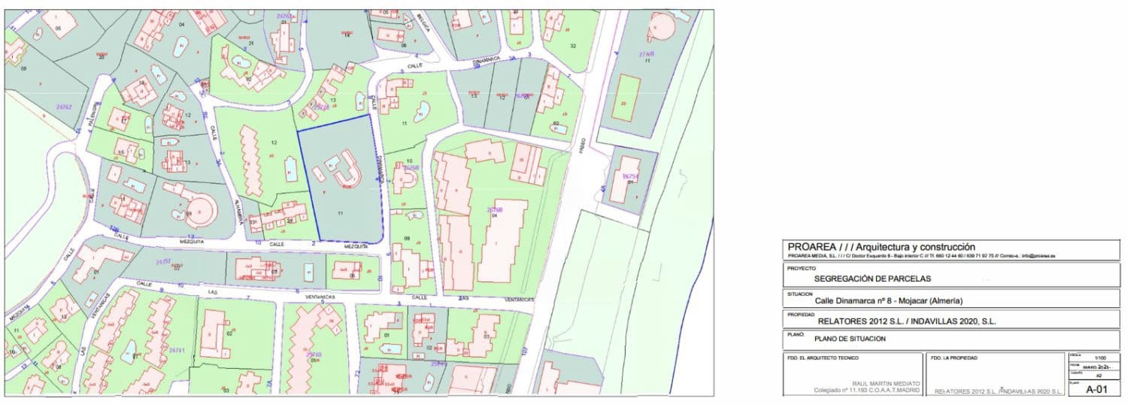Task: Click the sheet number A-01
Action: click(1096, 390)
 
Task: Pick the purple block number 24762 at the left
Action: click(63, 108)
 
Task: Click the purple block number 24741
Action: click(177, 351)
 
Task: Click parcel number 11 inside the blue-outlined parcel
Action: click(340, 214)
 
